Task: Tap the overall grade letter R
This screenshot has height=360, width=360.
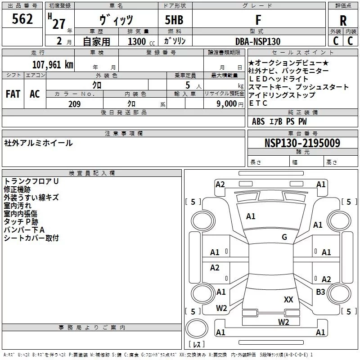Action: [343, 21]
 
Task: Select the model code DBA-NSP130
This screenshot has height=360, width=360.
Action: [258, 41]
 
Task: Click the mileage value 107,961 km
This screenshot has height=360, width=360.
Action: [53, 65]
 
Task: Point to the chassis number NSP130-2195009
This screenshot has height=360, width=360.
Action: [302, 144]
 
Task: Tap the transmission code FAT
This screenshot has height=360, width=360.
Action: [13, 94]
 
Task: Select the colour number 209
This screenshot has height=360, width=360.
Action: [74, 104]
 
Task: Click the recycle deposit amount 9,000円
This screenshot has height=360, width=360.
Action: [229, 104]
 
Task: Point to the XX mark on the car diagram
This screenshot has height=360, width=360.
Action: [288, 299]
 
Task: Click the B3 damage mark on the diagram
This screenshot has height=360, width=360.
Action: [320, 292]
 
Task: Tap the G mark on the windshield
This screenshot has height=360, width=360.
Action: [284, 237]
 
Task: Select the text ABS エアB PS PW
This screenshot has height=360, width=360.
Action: [279, 121]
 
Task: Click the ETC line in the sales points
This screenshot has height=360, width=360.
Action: [258, 103]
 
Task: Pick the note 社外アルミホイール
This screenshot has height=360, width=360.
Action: [38, 143]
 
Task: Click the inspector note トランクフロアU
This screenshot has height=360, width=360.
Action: [31, 181]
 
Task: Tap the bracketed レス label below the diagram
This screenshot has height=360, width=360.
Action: [196, 345]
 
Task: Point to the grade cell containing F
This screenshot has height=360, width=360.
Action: [258, 20]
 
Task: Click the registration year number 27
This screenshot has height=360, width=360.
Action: [59, 23]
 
